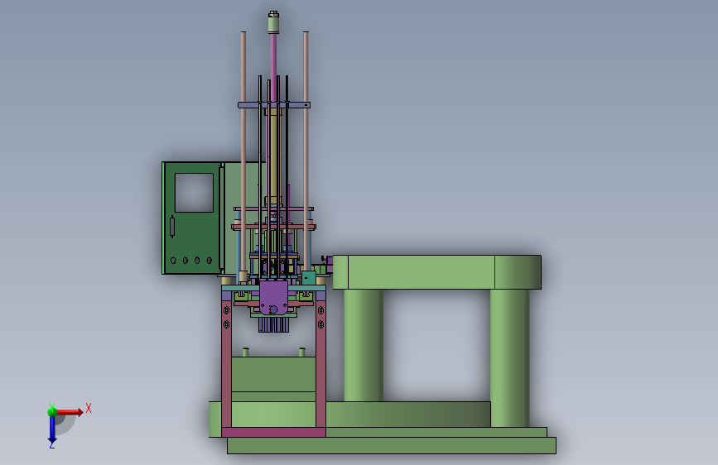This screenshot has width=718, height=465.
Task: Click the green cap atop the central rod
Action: (x=273, y=22)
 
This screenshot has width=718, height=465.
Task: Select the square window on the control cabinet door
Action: (x=194, y=192)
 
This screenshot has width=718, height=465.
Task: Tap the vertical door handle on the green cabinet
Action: (x=172, y=227)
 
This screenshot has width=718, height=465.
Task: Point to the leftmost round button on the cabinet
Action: (x=173, y=261)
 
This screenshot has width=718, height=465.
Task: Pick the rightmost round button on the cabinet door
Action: (x=210, y=261)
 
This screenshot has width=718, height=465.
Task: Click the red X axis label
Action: (x=89, y=408)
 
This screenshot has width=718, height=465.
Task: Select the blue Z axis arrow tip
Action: (x=52, y=442)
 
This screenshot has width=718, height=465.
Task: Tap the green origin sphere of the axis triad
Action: (x=52, y=411)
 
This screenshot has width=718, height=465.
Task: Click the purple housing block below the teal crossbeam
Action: (x=273, y=298)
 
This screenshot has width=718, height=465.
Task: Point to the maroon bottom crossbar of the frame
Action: (x=273, y=432)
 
